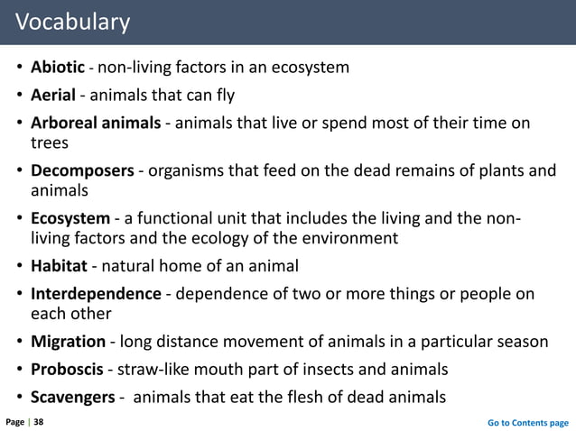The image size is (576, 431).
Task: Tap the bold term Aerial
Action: (55, 95)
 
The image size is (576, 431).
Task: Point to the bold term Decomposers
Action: (82, 170)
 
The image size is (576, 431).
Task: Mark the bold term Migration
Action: (70, 343)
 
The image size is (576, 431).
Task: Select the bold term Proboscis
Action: (68, 370)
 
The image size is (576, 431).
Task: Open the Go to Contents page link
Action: (527, 421)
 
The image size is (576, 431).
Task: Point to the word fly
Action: (222, 95)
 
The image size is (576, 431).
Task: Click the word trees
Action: (49, 142)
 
